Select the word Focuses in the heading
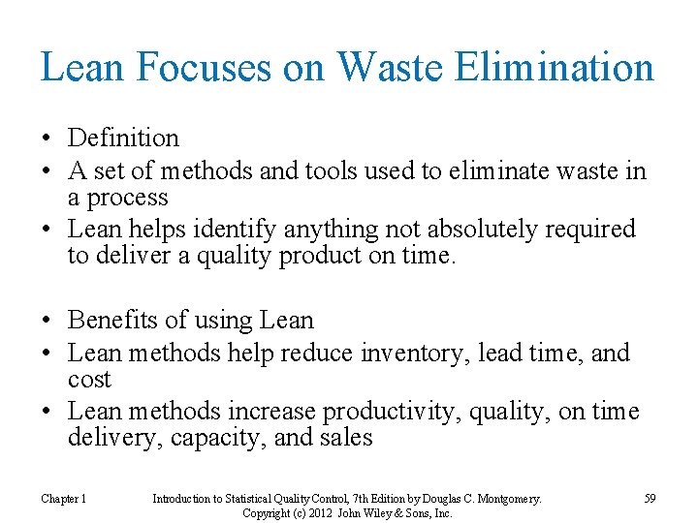click(191, 67)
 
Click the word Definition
click(124, 139)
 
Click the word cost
click(89, 379)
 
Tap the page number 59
click(650, 498)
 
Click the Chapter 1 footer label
click(64, 498)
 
